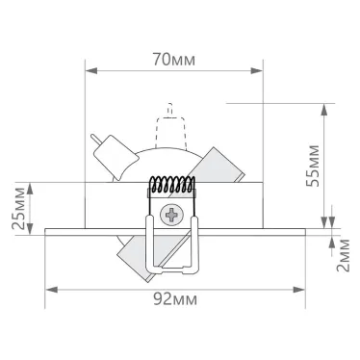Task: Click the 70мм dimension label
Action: pyautogui.click(x=174, y=60)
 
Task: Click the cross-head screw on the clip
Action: pyautogui.click(x=174, y=214)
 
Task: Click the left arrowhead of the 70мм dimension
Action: pyautogui.click(x=90, y=69)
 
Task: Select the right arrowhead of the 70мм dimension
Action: pyautogui.click(x=260, y=69)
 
